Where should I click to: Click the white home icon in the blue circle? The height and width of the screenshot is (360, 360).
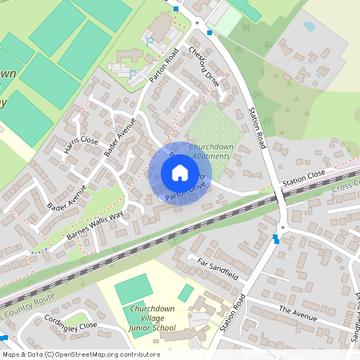point(180,173)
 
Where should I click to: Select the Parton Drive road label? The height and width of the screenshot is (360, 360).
point(186,192)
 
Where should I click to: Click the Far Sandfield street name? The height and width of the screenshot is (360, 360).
point(218,267)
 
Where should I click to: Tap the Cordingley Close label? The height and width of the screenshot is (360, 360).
point(70,325)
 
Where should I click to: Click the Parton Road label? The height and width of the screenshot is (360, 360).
point(162,67)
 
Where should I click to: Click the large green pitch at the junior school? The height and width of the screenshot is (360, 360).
point(134,288)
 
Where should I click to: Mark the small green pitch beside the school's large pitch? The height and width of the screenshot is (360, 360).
point(186,293)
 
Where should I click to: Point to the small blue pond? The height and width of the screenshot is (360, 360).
point(309,26)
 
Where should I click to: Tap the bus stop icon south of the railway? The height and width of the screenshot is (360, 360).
point(276,238)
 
